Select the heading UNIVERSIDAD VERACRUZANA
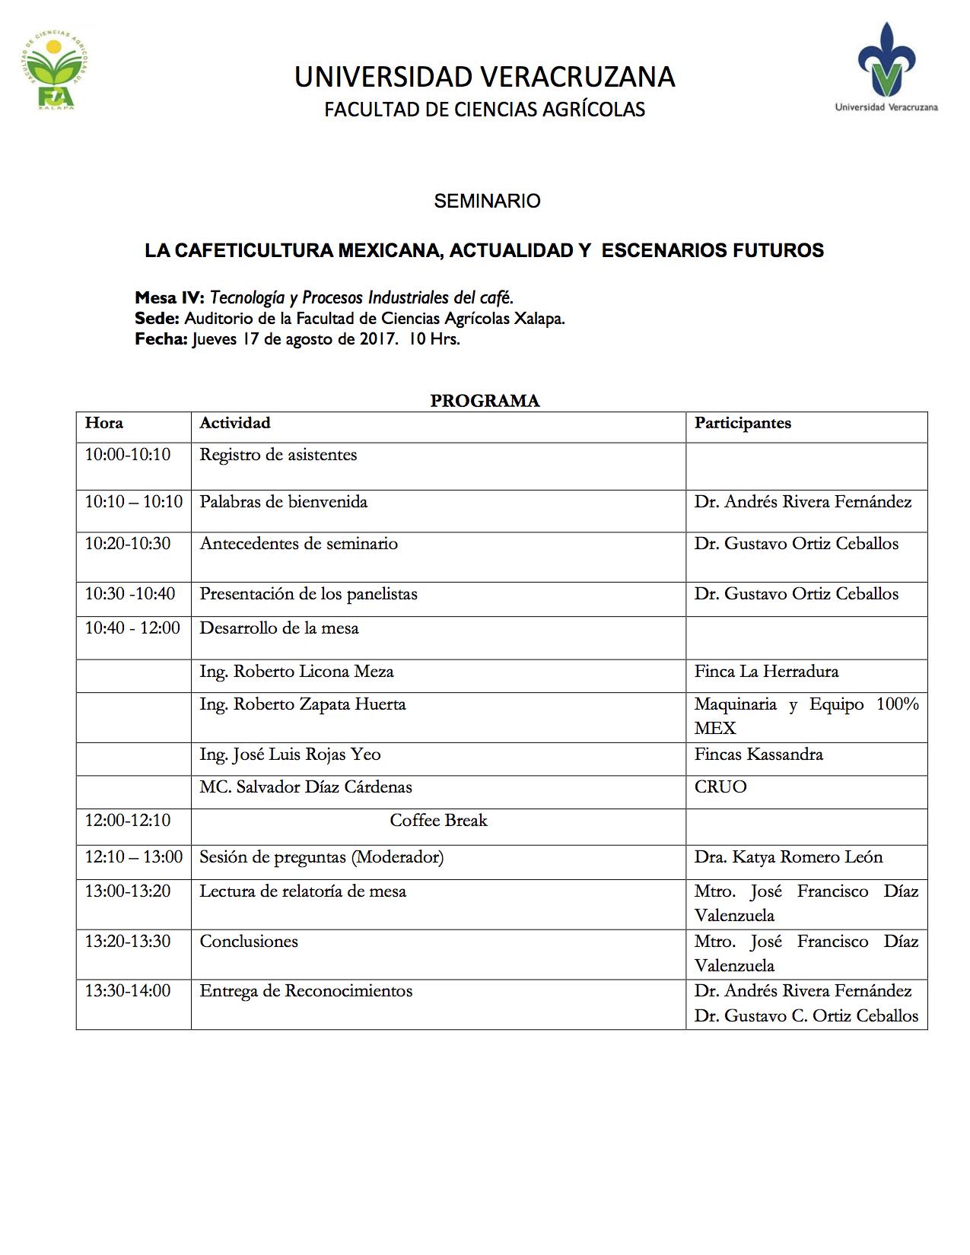tap(485, 78)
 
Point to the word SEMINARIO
tap(487, 201)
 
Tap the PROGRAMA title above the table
tap(485, 401)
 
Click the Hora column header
tap(104, 423)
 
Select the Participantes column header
tap(743, 423)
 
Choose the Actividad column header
tap(235, 423)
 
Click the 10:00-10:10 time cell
tap(128, 455)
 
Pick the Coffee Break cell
tap(438, 821)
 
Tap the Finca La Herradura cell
tap(766, 672)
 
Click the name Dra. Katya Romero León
tap(788, 857)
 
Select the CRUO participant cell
tap(720, 787)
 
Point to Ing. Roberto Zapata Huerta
tap(303, 704)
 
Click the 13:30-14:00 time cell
tap(128, 991)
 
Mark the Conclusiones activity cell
tap(249, 942)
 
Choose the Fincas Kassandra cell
tap(759, 755)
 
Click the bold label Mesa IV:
tap(170, 297)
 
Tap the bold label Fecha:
tap(161, 339)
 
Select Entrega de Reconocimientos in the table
tap(306, 991)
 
